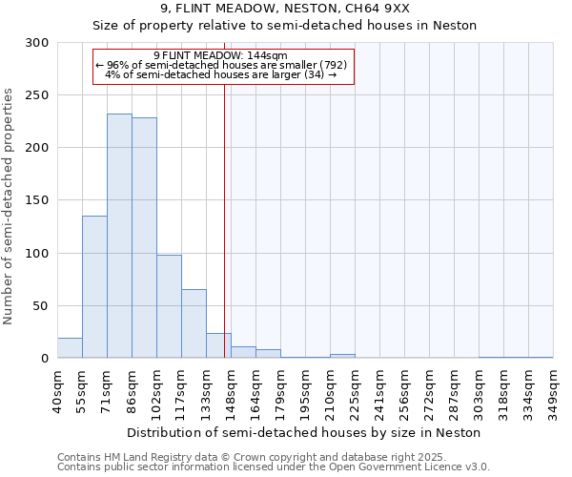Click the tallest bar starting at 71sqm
click(x=119, y=237)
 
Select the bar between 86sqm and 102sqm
click(x=144, y=238)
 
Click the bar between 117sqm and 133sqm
click(x=194, y=323)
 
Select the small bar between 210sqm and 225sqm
click(x=342, y=356)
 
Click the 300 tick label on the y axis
click(x=37, y=43)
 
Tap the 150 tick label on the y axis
click(x=37, y=200)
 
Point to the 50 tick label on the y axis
click(x=41, y=306)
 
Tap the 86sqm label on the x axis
click(x=132, y=387)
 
